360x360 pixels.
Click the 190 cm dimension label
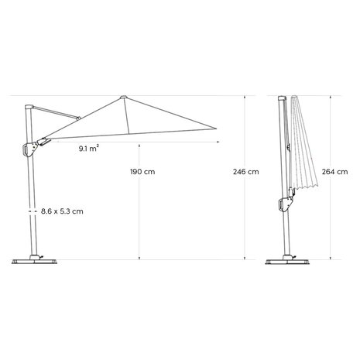pyautogui.click(x=143, y=171)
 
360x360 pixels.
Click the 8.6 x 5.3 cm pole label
pyautogui.click(x=63, y=210)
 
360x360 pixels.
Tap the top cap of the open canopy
pyautogui.click(x=124, y=97)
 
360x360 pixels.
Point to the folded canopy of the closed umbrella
pyautogui.click(x=305, y=147)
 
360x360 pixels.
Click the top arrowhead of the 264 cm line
pyautogui.click(x=330, y=97)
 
